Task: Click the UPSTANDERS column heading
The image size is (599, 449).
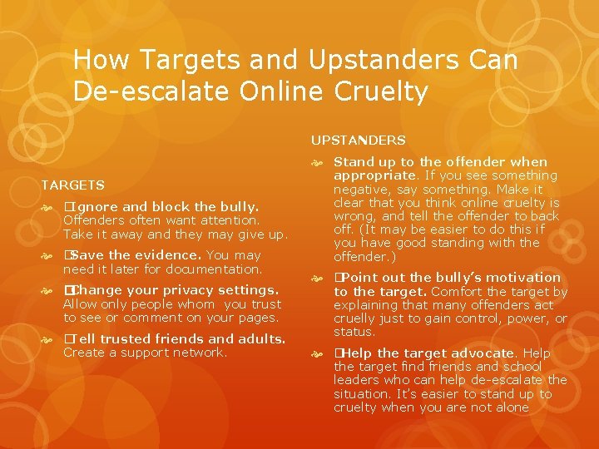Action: (359, 141)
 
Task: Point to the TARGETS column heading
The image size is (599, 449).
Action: (73, 185)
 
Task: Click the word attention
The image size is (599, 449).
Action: (226, 220)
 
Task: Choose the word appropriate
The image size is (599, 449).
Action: (374, 175)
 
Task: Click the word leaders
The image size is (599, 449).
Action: (355, 380)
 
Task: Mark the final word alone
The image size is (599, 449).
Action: (512, 407)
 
